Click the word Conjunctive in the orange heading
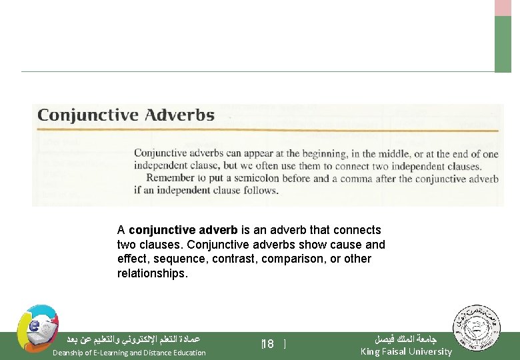pyautogui.click(x=88, y=115)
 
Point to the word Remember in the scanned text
pyautogui.click(x=171, y=178)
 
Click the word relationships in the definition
pyautogui.click(x=153, y=273)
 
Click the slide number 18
pyautogui.click(x=268, y=345)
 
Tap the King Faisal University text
pyautogui.click(x=406, y=351)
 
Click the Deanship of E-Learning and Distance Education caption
pyautogui.click(x=129, y=353)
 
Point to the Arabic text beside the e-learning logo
pyautogui.click(x=133, y=339)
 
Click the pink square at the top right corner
pyautogui.click(x=503, y=7)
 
